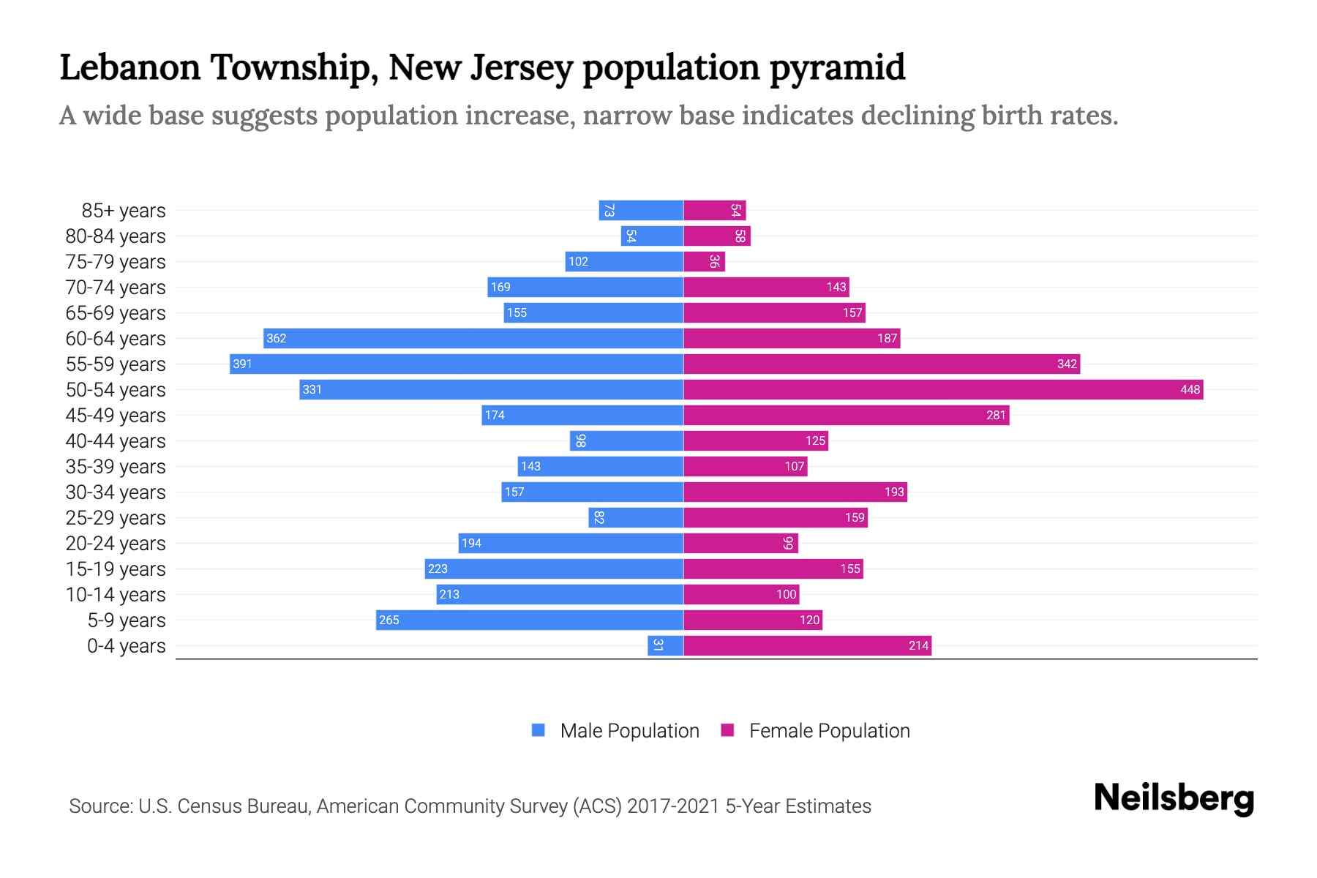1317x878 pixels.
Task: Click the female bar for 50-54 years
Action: [x=943, y=389]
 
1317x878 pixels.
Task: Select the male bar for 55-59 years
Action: [x=457, y=364]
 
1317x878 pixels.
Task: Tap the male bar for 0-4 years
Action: [x=665, y=645]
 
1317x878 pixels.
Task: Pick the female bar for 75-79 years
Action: [x=704, y=261]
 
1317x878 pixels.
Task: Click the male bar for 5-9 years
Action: [x=530, y=620]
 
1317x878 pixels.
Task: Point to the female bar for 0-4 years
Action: [x=807, y=645]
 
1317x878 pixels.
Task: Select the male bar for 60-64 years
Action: [x=473, y=338]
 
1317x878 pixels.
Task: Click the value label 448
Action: [x=1190, y=389]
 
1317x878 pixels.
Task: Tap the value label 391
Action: [x=242, y=364]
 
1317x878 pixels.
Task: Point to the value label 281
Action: [x=996, y=415]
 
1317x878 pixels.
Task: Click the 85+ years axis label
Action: [x=124, y=211]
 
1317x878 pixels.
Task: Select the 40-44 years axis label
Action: [x=116, y=441]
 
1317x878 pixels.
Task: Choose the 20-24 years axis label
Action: [x=116, y=544]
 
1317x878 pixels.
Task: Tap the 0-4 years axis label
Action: [x=127, y=646]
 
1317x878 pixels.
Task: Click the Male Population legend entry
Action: [x=629, y=730]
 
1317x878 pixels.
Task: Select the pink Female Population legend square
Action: [x=727, y=730]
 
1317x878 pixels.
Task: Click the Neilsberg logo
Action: [x=1174, y=798]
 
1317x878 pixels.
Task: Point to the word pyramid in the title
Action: [x=837, y=67]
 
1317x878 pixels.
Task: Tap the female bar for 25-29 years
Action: [x=776, y=517]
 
